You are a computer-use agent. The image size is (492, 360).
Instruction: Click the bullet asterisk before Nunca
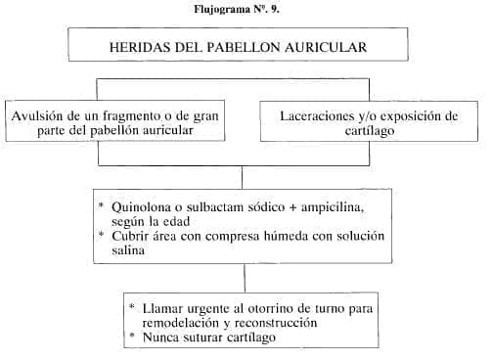tap(132, 336)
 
